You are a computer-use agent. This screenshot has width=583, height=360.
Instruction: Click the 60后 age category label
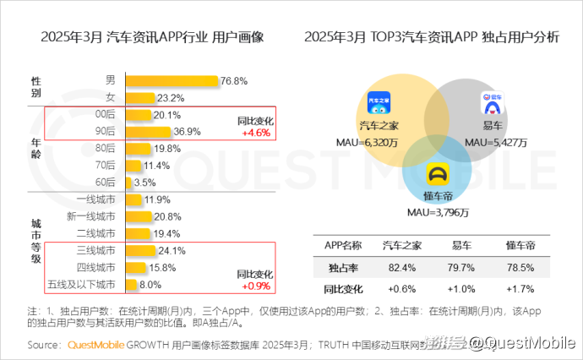pyautogui.click(x=105, y=182)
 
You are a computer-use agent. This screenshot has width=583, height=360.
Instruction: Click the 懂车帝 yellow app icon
pyautogui.click(x=439, y=173)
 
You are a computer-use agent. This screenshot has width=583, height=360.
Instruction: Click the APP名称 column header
pyautogui.click(x=343, y=246)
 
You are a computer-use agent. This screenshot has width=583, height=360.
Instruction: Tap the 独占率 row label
pyautogui.click(x=343, y=267)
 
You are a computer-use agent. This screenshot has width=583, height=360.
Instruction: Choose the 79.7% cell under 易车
pyautogui.click(x=461, y=267)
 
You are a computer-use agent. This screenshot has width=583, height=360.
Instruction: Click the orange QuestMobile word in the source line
pyautogui.click(x=95, y=345)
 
